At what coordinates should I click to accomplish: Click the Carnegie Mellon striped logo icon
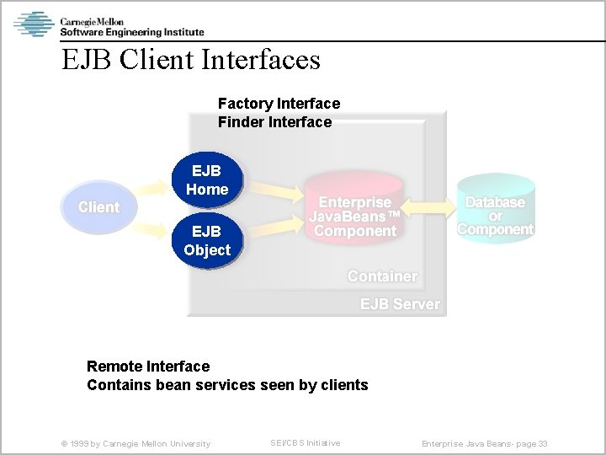pyautogui.click(x=34, y=24)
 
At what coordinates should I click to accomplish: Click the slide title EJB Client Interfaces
pyautogui.click(x=191, y=60)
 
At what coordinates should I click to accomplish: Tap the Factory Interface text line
pyautogui.click(x=279, y=104)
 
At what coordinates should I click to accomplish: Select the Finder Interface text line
pyautogui.click(x=274, y=122)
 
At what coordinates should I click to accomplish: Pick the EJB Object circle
pyautogui.click(x=207, y=241)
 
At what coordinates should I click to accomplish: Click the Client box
pyautogui.click(x=98, y=207)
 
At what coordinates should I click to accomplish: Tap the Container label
pyautogui.click(x=382, y=276)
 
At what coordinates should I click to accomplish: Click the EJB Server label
pyautogui.click(x=400, y=304)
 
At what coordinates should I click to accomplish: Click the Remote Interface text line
pyautogui.click(x=148, y=367)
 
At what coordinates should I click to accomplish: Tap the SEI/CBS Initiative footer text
pyautogui.click(x=305, y=443)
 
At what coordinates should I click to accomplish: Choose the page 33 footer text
pyautogui.click(x=485, y=444)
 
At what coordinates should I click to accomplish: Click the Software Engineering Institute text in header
pyautogui.click(x=131, y=32)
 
